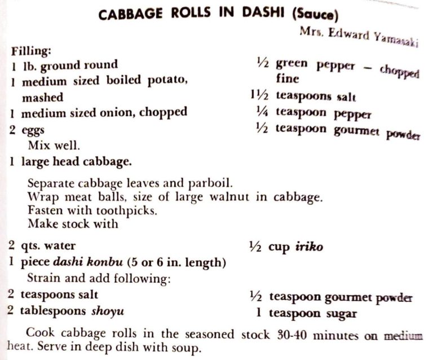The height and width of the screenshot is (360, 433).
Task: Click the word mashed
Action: (42, 97)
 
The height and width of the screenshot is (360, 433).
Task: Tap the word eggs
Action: (33, 130)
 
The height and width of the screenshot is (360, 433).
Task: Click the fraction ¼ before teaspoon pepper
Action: (262, 112)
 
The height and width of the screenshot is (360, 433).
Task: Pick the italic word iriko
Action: (310, 247)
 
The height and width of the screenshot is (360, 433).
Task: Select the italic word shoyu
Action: (104, 311)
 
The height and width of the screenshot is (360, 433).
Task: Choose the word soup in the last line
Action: (185, 348)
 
